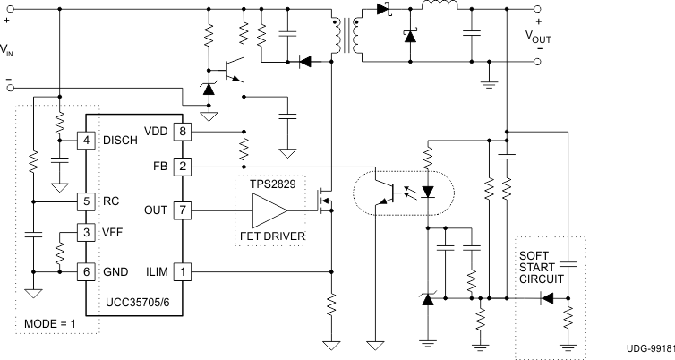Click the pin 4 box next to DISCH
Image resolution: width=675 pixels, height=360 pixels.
(x=87, y=141)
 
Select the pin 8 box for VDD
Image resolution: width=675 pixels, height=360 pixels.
(x=183, y=132)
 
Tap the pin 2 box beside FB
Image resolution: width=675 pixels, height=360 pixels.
(x=183, y=166)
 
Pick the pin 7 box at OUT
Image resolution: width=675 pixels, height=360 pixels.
(x=183, y=210)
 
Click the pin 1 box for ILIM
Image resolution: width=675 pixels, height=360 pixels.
(x=183, y=270)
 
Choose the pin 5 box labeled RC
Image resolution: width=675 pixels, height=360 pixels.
(x=87, y=201)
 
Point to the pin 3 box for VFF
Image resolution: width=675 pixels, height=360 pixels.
(x=87, y=233)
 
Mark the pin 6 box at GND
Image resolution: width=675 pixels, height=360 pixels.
(x=87, y=270)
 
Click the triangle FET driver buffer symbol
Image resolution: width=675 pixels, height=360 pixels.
(x=269, y=210)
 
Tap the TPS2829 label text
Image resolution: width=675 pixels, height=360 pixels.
(x=272, y=183)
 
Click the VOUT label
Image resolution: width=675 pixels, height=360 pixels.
(x=539, y=37)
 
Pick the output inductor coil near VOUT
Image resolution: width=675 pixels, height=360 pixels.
(x=439, y=7)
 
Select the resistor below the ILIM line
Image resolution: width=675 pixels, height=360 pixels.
(x=330, y=307)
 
